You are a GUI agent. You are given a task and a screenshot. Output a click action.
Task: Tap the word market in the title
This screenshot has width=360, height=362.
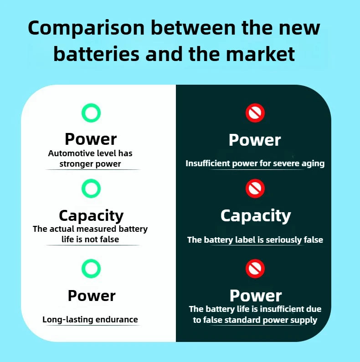(260, 54)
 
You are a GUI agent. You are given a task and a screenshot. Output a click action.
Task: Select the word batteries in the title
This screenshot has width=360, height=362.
(96, 54)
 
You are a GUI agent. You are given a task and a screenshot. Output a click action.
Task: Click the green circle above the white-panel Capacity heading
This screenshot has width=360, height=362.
(91, 189)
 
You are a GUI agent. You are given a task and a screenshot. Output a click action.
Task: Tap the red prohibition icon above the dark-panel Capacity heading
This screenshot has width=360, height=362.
(255, 189)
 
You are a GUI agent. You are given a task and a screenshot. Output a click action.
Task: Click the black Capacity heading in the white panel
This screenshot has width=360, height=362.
(91, 216)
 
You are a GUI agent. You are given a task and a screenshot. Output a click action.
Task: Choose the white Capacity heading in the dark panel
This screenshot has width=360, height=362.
(256, 216)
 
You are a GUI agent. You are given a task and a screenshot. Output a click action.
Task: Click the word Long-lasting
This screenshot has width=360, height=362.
(68, 320)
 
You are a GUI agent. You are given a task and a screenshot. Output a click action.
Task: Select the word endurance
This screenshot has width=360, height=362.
(117, 320)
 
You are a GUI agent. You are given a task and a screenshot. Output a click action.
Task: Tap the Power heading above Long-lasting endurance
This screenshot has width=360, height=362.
(92, 296)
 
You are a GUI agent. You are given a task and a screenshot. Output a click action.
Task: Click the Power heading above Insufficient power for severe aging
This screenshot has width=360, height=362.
(255, 140)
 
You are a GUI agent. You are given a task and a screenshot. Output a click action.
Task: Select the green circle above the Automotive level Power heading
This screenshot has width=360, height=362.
(91, 112)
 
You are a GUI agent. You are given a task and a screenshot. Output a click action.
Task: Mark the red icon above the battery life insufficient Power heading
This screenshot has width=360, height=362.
(255, 269)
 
